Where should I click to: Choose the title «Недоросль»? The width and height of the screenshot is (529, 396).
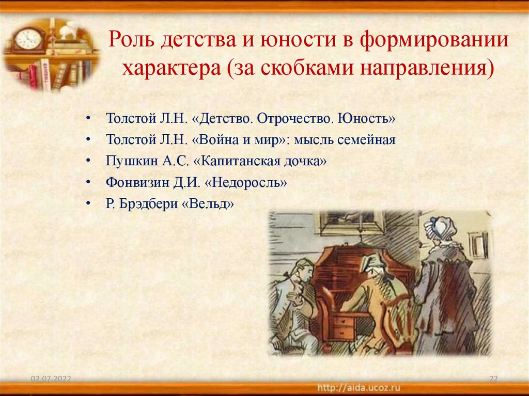tap(240, 182)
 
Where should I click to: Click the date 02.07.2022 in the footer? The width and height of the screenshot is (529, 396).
tap(51, 379)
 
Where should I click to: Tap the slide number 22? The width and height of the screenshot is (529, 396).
tap(493, 379)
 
